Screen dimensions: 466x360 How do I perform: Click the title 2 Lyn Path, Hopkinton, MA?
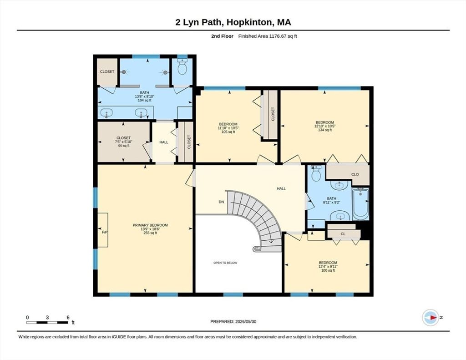coord(233,22)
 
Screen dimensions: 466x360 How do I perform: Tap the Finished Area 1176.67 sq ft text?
coord(268,36)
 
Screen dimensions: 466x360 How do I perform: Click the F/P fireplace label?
coord(105,232)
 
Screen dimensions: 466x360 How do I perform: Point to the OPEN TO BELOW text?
coord(225,263)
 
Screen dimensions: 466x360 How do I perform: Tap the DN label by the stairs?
coord(221,202)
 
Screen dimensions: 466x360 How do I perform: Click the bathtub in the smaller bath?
coord(360,204)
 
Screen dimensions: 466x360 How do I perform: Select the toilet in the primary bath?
coord(182,67)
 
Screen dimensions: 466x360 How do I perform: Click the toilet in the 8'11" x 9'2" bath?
coord(316,173)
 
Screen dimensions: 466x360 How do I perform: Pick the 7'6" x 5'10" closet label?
coord(124,142)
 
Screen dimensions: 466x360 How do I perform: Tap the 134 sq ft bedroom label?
coord(325,126)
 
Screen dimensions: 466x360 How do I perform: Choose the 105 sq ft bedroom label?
coord(228,128)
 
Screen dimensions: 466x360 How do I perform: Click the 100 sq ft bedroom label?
coord(328,266)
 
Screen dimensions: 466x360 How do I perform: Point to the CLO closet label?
coord(355,174)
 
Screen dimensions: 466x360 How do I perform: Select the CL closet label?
coord(343,234)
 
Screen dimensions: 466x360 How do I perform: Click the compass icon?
coord(431,318)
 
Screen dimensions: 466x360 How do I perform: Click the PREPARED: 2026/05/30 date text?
coord(233,322)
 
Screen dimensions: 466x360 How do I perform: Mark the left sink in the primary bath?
coord(106,113)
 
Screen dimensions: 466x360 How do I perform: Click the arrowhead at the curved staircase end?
coord(271,241)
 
